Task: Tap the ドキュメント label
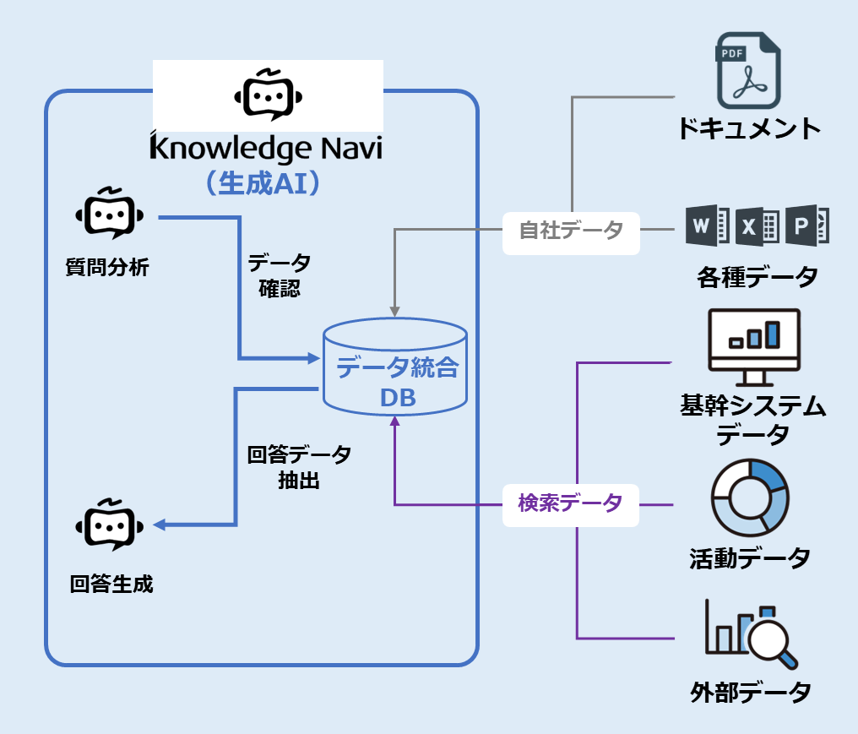(748, 129)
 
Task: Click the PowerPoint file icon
(806, 226)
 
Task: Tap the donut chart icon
(750, 498)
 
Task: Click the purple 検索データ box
(571, 503)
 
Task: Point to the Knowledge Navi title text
(266, 150)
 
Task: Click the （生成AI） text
(266, 184)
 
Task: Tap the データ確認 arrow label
(279, 275)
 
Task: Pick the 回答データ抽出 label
(299, 468)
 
